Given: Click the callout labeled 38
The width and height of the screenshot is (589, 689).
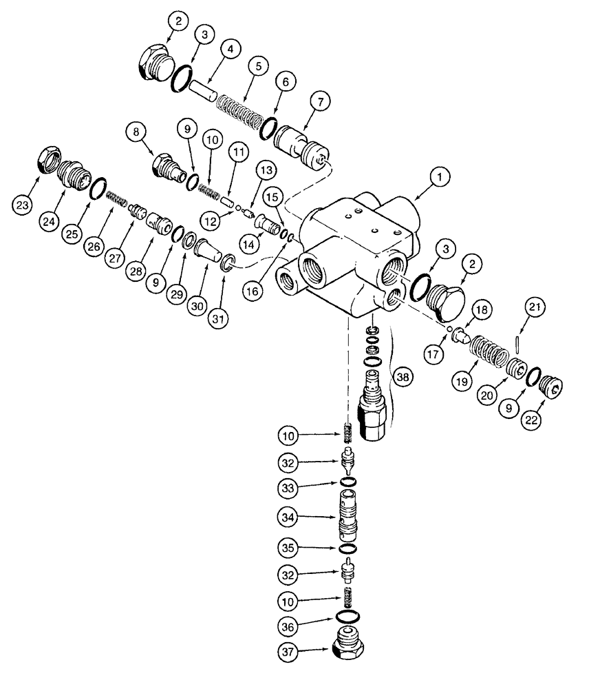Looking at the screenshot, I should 403,376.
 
